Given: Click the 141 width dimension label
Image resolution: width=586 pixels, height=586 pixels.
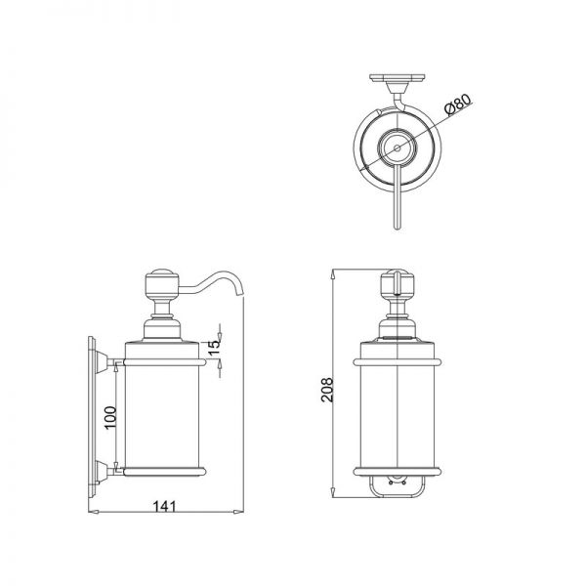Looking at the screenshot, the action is pos(164,506).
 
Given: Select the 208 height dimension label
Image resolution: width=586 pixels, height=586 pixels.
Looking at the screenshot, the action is pos(327,390).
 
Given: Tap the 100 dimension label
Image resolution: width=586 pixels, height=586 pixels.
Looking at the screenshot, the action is pos(110,418).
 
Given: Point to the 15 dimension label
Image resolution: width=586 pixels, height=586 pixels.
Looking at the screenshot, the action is pos(215,348).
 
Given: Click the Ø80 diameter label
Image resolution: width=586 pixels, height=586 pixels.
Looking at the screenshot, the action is pos(458,104).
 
